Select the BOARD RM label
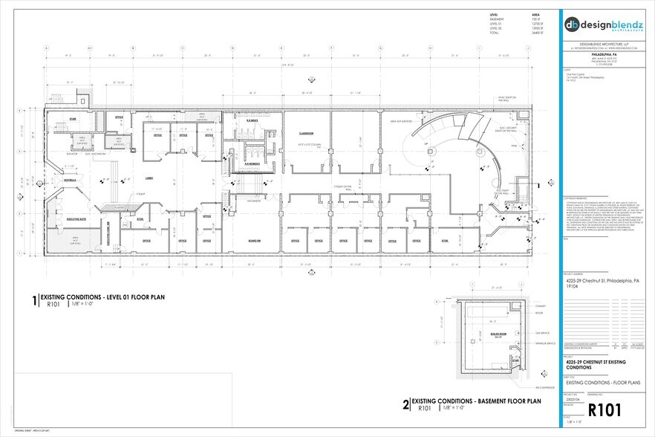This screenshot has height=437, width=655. click(254, 240)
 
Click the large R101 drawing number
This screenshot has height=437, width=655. click(604, 409)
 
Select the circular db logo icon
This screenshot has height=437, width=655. click(573, 23)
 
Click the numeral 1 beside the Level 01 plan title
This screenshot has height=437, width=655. click(33, 300)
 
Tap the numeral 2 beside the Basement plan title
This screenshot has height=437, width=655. click(405, 404)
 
